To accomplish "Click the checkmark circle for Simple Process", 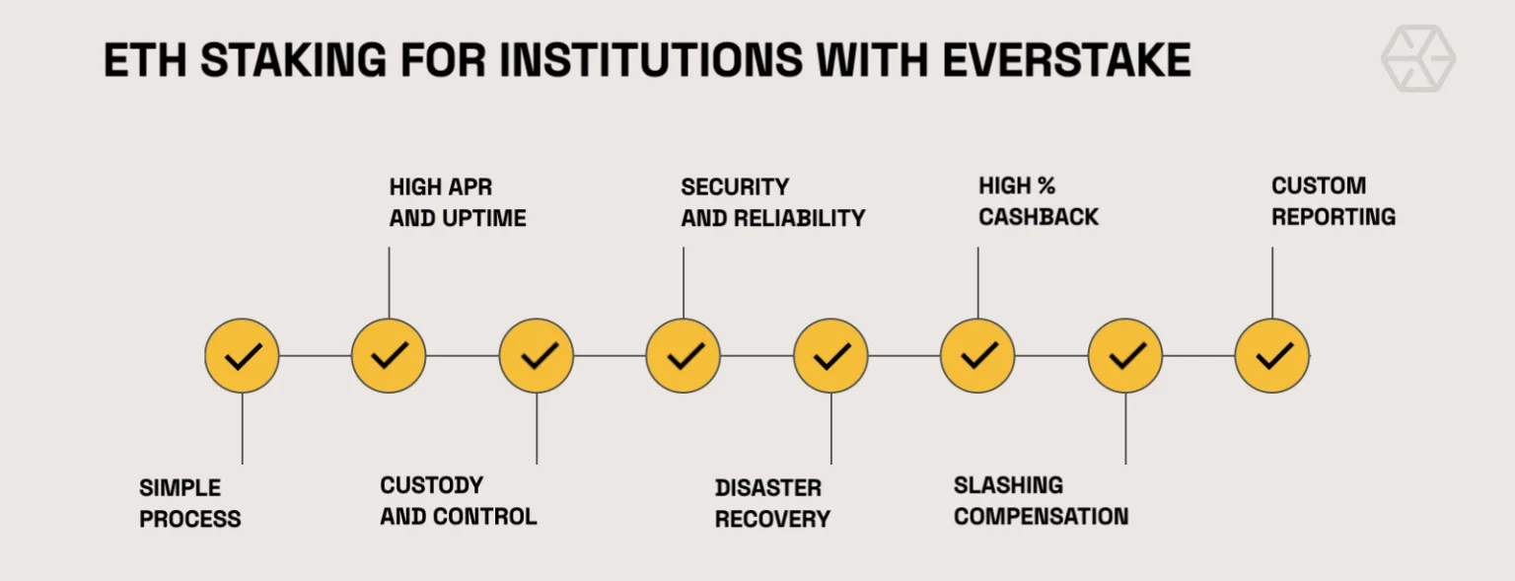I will coord(242,355).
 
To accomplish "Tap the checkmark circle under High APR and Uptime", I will coord(389,355).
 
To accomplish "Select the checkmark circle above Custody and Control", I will coord(537,355).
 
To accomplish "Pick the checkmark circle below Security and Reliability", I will coord(684,355).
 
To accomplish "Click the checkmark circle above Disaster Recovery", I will coord(830,355).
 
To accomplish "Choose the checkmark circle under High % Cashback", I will coord(977,355).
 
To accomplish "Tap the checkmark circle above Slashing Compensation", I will coord(1125,355).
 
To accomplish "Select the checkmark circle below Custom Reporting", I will coord(1272,355).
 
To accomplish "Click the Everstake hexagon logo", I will coord(1417,59).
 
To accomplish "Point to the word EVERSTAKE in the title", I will coord(1065,61).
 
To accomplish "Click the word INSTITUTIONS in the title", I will coord(651,61).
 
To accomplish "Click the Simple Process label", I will coord(190,503).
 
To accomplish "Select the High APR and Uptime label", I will coord(458,202).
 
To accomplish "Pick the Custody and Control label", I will coord(459,501).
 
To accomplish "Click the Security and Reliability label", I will coord(772,202).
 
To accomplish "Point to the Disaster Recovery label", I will coord(772,503).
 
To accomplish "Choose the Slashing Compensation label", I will coord(1041,501).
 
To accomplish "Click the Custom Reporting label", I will coord(1334,201).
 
